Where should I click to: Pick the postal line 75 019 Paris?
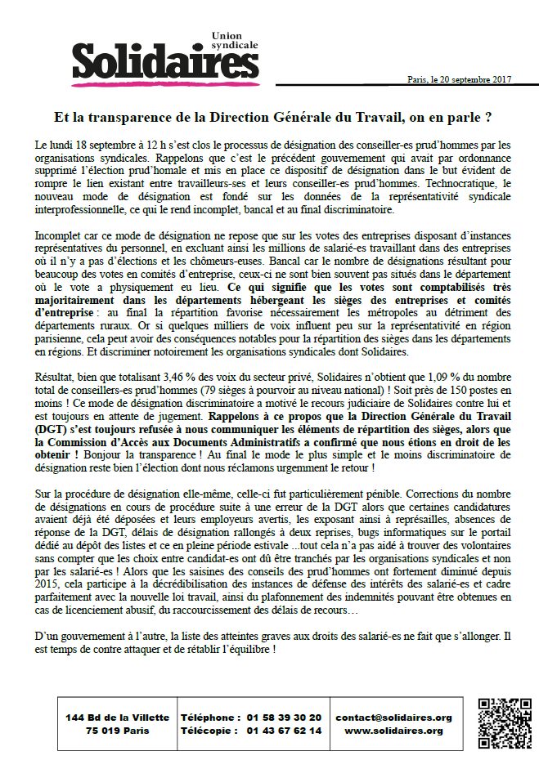click(117, 731)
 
